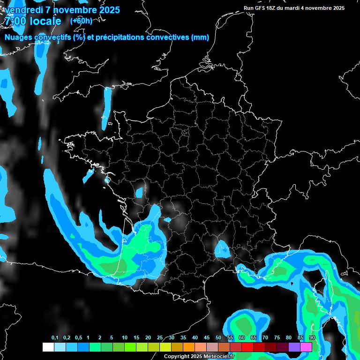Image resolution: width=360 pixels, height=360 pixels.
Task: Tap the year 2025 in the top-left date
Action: [x=108, y=10]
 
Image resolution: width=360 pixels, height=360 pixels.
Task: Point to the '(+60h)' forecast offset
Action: [x=81, y=21]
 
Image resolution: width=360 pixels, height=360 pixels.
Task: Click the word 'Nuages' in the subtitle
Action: [x=18, y=37]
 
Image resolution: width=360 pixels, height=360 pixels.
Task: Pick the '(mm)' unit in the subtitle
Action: [x=200, y=37]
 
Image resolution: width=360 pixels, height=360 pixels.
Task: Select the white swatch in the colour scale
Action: [x=48, y=347]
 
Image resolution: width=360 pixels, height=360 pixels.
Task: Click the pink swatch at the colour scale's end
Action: [x=306, y=347]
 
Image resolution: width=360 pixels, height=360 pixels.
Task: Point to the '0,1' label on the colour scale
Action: [x=55, y=338]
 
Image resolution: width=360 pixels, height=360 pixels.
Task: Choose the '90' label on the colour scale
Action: [x=312, y=338]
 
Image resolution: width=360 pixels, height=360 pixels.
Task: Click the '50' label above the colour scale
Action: [x=218, y=338]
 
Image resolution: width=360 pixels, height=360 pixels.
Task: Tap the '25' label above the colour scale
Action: [x=160, y=338]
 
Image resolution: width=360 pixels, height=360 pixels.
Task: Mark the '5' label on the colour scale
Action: [x=112, y=338]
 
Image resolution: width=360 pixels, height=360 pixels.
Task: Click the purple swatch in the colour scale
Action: [x=294, y=347]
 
